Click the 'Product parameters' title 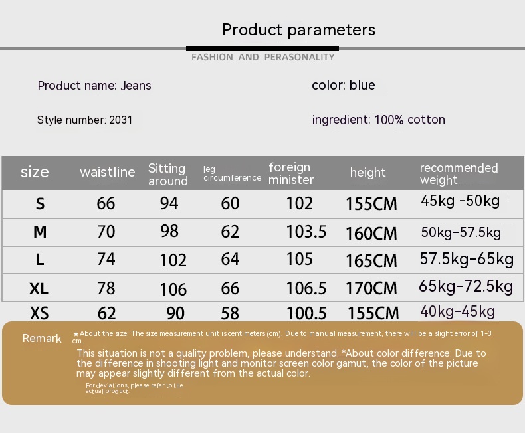[298, 30]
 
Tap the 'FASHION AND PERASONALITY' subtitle [263, 57]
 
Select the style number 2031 [121, 120]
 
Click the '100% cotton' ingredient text [409, 120]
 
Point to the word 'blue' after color [362, 85]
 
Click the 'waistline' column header [108, 172]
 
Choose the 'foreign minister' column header [291, 173]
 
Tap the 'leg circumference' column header [232, 174]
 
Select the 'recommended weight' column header [459, 174]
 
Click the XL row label [39, 288]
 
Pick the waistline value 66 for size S [106, 203]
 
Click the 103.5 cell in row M [306, 232]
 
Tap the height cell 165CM [371, 261]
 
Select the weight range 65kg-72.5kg [466, 286]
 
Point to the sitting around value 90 [175, 313]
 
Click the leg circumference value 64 [230, 259]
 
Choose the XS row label [39, 313]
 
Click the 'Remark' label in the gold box [42, 338]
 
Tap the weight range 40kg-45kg [457, 311]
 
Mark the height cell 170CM [371, 288]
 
